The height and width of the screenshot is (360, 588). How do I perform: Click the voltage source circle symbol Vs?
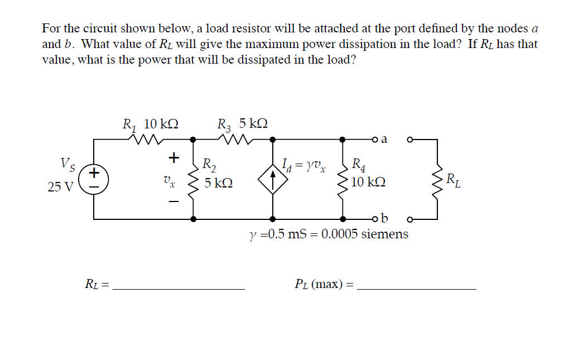tap(94, 179)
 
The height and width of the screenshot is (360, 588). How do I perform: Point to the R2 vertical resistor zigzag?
tap(194, 178)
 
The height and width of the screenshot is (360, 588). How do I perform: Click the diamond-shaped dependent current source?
tap(272, 179)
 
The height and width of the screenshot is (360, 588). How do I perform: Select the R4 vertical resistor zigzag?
tap(342, 178)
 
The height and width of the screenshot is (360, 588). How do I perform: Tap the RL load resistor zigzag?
tap(437, 178)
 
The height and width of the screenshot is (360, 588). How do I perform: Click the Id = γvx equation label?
tap(305, 165)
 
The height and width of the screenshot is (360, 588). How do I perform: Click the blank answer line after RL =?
tap(178, 288)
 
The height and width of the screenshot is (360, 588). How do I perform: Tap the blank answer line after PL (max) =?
tap(416, 288)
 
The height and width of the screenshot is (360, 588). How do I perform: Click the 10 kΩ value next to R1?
tap(161, 123)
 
